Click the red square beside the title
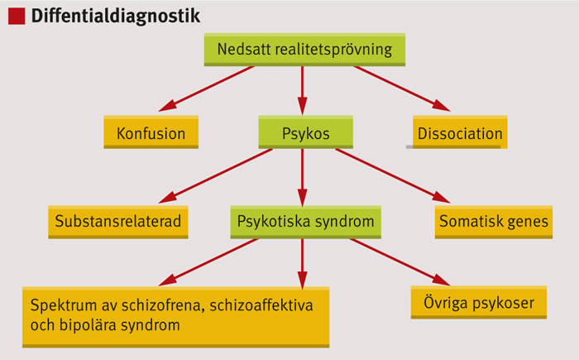(17, 17)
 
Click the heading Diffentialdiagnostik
(116, 17)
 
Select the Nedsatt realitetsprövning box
(304, 50)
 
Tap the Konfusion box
(151, 132)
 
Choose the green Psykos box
(306, 132)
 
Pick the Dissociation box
(460, 132)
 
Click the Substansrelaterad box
(118, 222)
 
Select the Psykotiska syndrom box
(306, 222)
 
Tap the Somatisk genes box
(494, 222)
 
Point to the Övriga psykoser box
(479, 302)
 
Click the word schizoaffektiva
(261, 305)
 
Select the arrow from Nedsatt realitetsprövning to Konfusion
(207, 89)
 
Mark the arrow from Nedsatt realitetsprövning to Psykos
(303, 90)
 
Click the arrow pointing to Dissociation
(402, 89)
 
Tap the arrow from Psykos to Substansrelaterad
(216, 176)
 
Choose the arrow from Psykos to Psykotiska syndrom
(303, 177)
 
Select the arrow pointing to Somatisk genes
(393, 176)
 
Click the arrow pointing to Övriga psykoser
(400, 262)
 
